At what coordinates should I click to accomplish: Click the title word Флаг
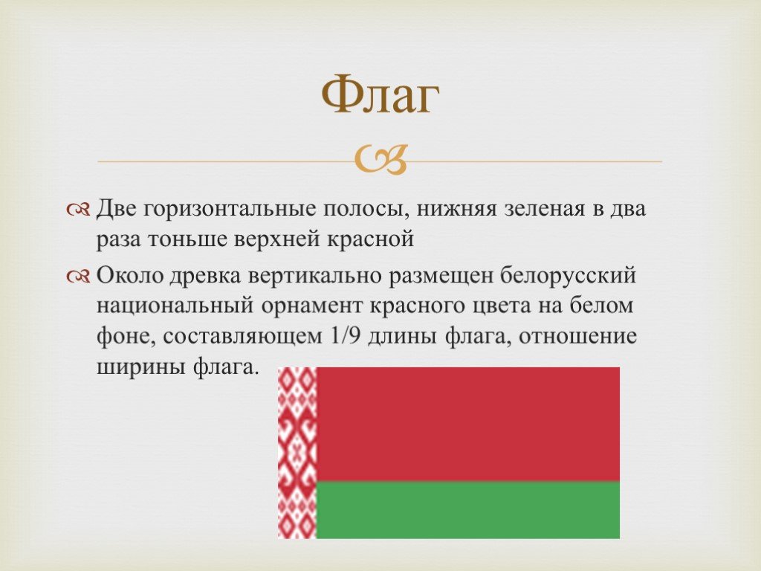pyautogui.click(x=380, y=94)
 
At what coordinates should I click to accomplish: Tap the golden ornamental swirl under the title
pyautogui.click(x=380, y=160)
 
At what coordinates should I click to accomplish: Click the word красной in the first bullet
pyautogui.click(x=369, y=239)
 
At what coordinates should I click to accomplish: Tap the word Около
pyautogui.click(x=130, y=275)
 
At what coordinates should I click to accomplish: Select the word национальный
pyautogui.click(x=175, y=306)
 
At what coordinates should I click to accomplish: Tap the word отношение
pyautogui.click(x=577, y=336)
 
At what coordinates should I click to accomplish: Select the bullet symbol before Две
pyautogui.click(x=78, y=210)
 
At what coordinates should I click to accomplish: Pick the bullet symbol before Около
pyautogui.click(x=78, y=277)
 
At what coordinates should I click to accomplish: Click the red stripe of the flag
pyautogui.click(x=468, y=425)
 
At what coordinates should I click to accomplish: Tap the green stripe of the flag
pyautogui.click(x=468, y=510)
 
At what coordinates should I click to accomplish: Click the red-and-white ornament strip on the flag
pyautogui.click(x=297, y=453)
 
